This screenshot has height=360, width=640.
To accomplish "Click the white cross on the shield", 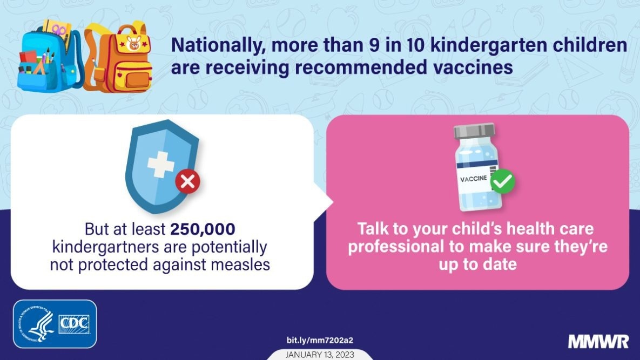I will [160, 164].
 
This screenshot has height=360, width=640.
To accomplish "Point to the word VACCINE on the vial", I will [474, 178].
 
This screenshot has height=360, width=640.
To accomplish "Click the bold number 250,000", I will [203, 229].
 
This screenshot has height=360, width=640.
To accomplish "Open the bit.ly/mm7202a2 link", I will [320, 341].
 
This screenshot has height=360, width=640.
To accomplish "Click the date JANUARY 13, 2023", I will [320, 355].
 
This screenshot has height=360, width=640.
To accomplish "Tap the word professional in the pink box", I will [398, 247].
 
